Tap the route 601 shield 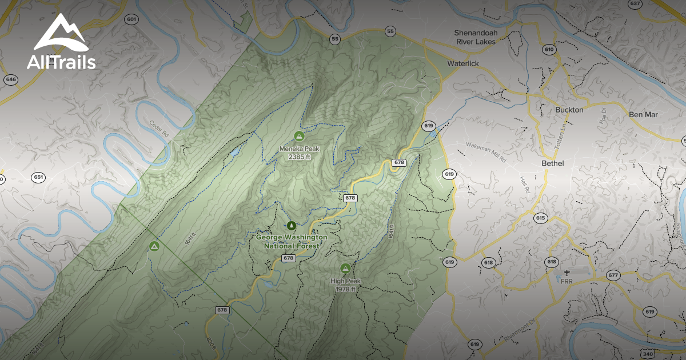click(x=132, y=19)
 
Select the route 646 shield click(x=10, y=79)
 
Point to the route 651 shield click(x=38, y=177)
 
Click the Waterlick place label click(x=463, y=63)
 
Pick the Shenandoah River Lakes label click(x=476, y=37)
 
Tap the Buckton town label click(x=569, y=110)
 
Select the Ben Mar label click(x=643, y=114)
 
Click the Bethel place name click(x=552, y=163)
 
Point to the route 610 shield click(x=549, y=50)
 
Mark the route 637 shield click(x=635, y=3)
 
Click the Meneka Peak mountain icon click(x=298, y=135)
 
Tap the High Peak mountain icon click(x=345, y=268)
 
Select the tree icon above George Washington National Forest click(x=292, y=225)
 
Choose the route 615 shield click(x=541, y=218)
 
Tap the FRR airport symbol click(x=566, y=273)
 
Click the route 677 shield click(x=613, y=275)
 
